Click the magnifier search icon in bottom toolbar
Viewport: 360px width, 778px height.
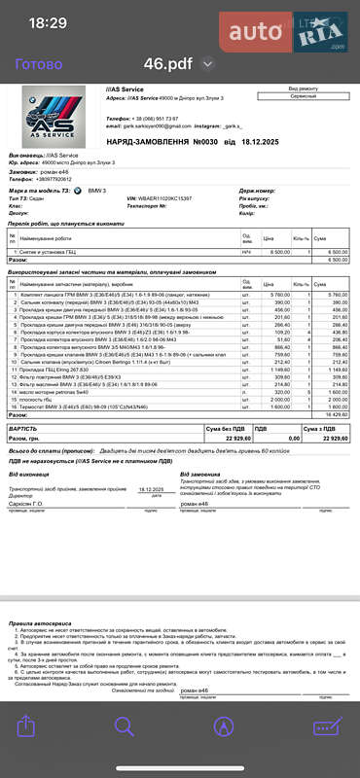tap(125, 753)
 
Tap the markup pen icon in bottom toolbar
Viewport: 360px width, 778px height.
tap(224, 753)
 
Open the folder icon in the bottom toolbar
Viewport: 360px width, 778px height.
tap(326, 753)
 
